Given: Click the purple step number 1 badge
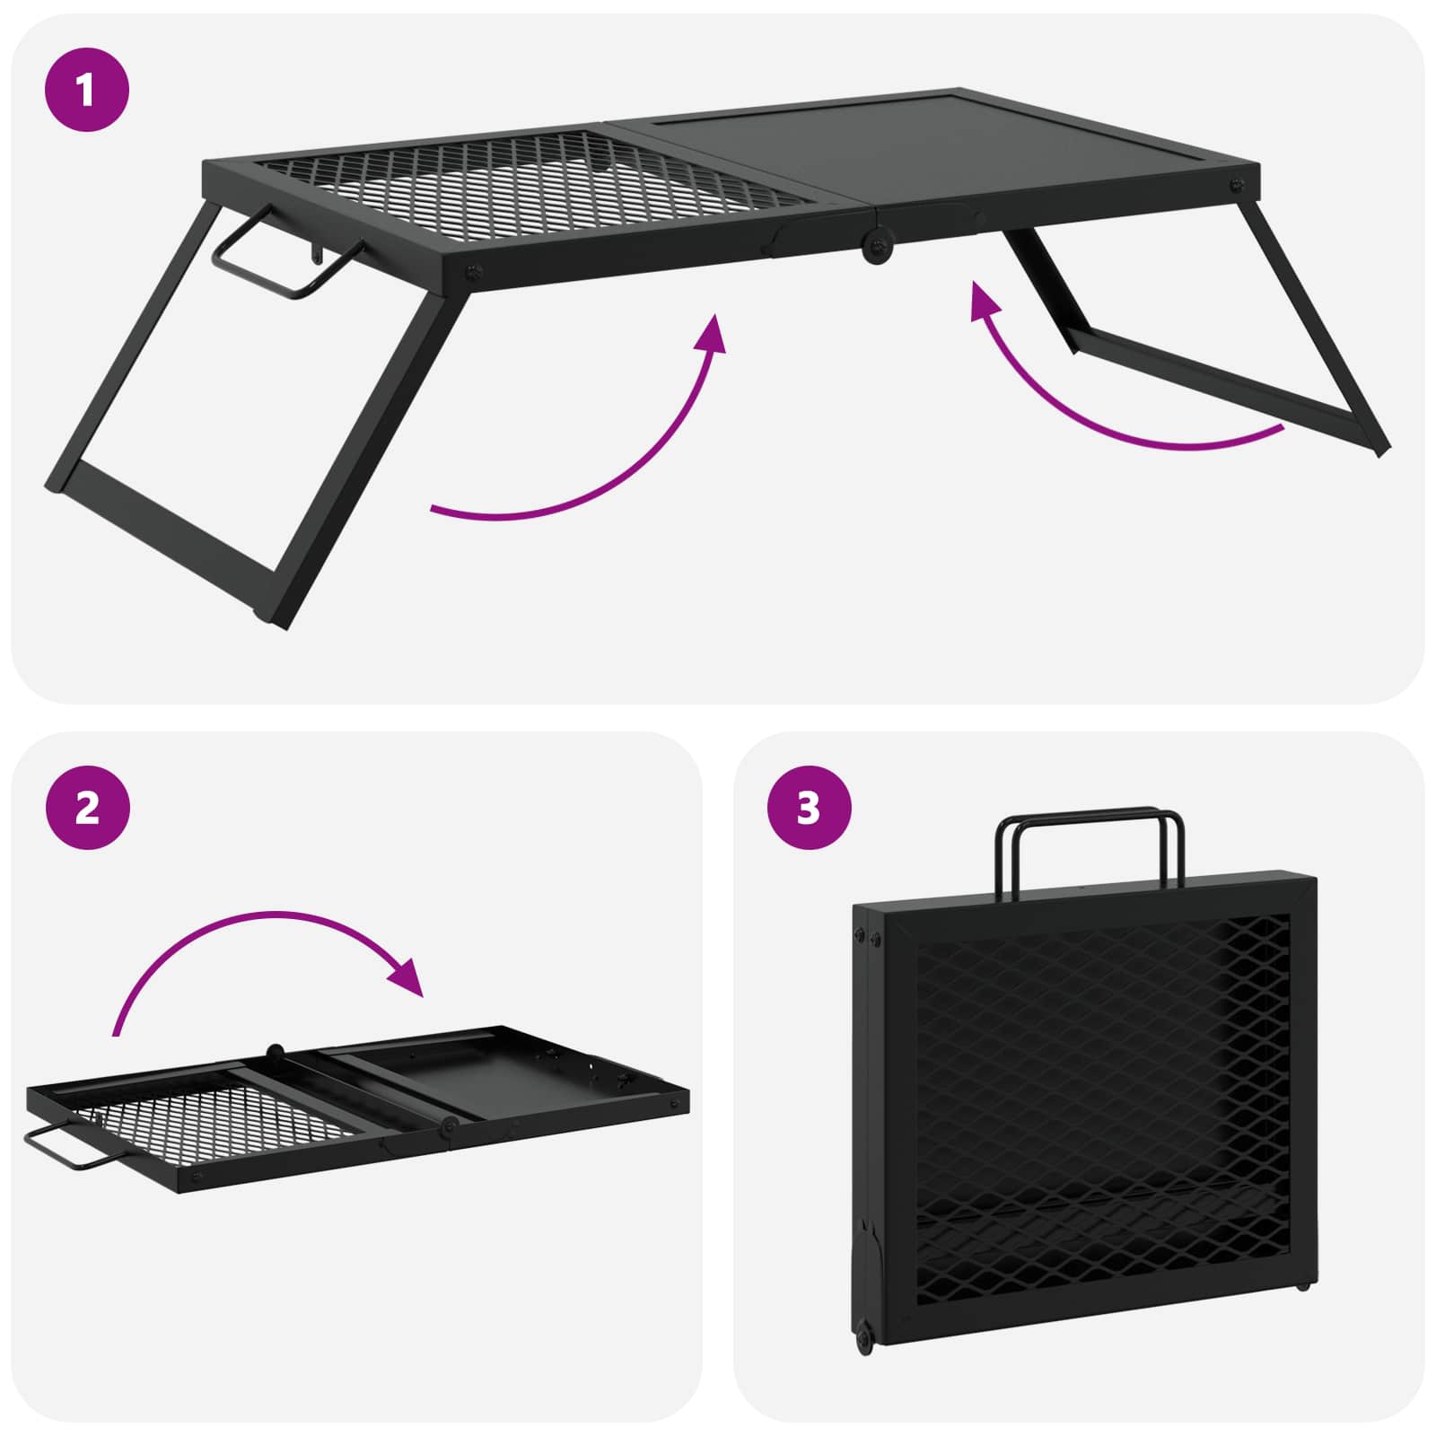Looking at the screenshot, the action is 87,90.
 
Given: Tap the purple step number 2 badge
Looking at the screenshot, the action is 87,809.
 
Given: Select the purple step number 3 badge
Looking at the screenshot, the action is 809,808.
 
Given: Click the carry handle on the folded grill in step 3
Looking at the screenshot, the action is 1089,819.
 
